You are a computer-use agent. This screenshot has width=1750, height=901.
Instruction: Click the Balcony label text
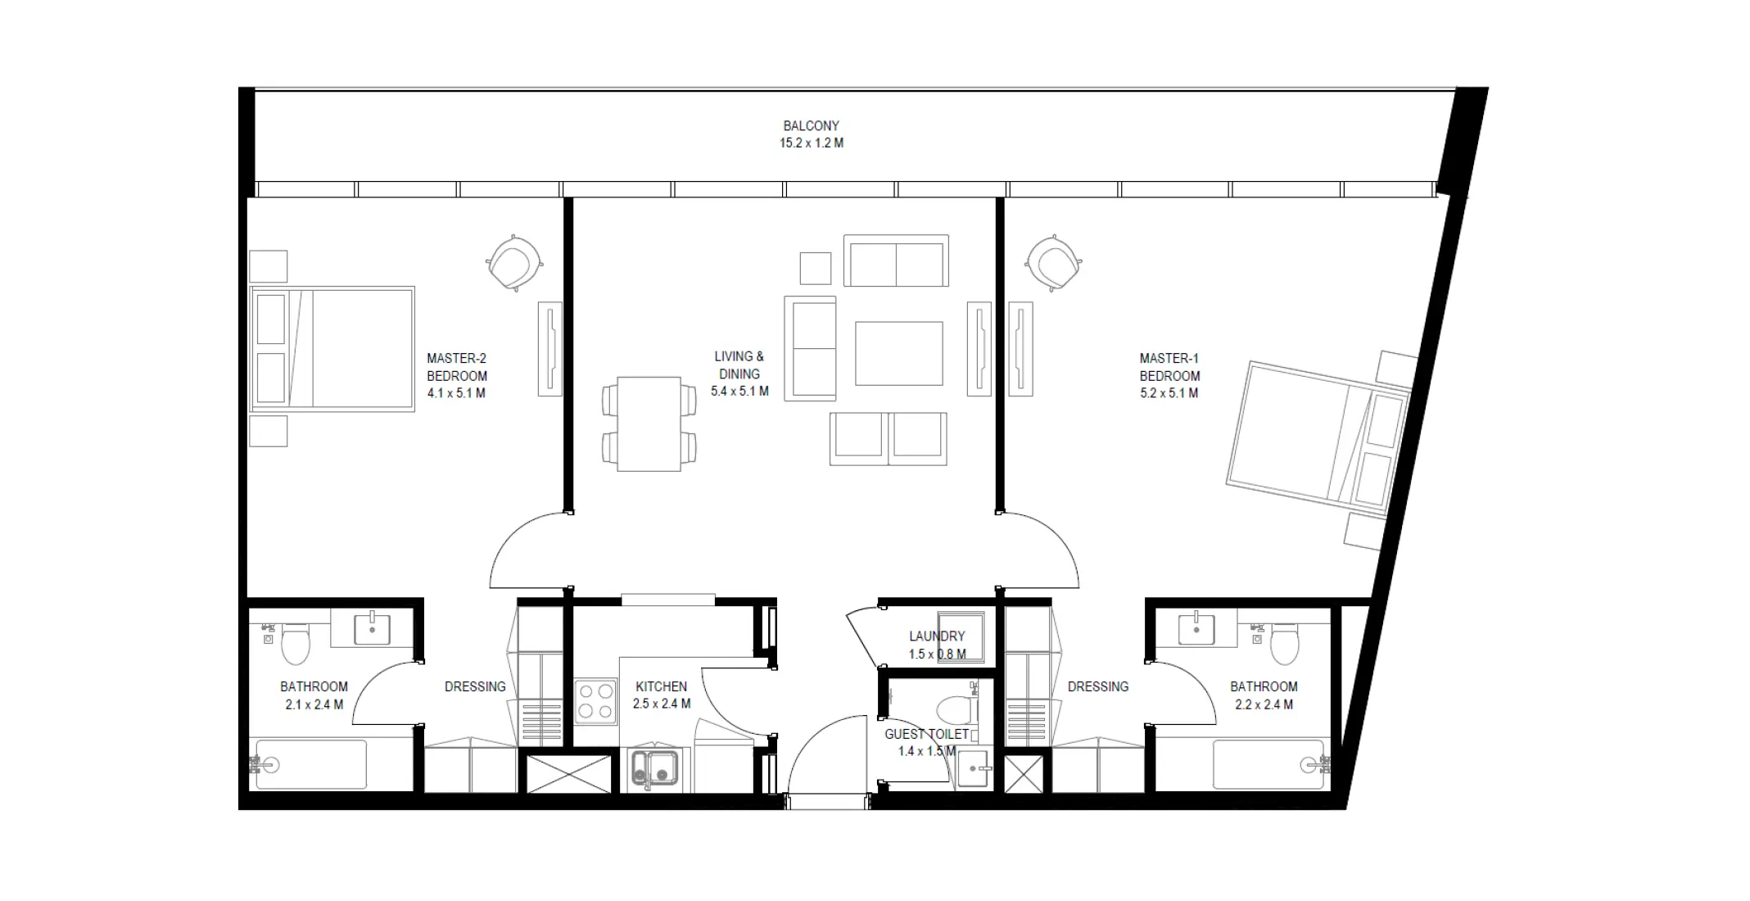click(x=811, y=126)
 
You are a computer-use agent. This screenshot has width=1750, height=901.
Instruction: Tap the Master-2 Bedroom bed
click(x=332, y=349)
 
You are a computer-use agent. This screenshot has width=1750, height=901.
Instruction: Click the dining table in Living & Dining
click(x=649, y=423)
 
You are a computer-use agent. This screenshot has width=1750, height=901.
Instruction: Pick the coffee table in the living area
click(x=898, y=353)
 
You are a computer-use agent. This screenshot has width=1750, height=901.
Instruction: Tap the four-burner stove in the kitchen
click(x=595, y=702)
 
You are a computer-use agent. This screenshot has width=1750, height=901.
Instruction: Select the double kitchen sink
click(x=654, y=768)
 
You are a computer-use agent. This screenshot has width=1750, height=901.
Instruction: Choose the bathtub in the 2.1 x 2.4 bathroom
click(x=311, y=765)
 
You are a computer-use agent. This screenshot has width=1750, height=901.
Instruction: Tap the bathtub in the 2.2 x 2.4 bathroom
click(x=1268, y=765)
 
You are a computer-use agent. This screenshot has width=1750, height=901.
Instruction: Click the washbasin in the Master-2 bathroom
click(x=373, y=629)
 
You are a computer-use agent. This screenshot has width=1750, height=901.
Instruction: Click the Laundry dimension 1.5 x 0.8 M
click(x=937, y=654)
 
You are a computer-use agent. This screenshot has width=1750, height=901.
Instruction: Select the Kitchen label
click(x=661, y=686)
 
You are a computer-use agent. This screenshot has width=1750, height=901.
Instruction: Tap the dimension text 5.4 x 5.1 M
click(x=739, y=392)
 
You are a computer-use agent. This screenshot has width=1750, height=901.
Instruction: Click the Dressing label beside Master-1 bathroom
click(x=1097, y=686)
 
